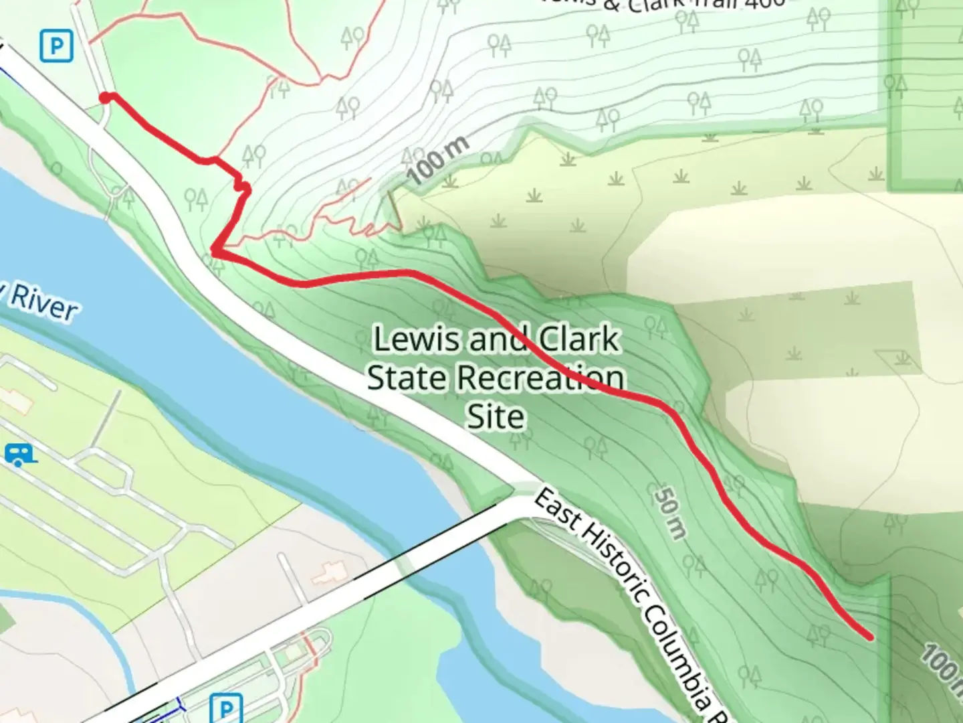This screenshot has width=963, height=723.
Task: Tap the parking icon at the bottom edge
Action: [x=225, y=708]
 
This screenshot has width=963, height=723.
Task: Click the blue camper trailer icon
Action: [x=19, y=455]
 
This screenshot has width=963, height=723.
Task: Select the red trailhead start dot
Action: [x=106, y=98]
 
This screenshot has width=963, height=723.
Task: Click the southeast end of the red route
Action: [x=869, y=636]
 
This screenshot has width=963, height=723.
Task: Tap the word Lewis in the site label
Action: [x=417, y=339]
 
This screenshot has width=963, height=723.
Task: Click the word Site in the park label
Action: [x=495, y=417]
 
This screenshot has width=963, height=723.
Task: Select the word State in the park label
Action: [x=408, y=378]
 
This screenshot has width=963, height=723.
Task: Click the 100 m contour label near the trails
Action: [x=439, y=160]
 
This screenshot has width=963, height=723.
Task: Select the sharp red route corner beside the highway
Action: [x=214, y=251]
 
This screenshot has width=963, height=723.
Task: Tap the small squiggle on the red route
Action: [x=242, y=185]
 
